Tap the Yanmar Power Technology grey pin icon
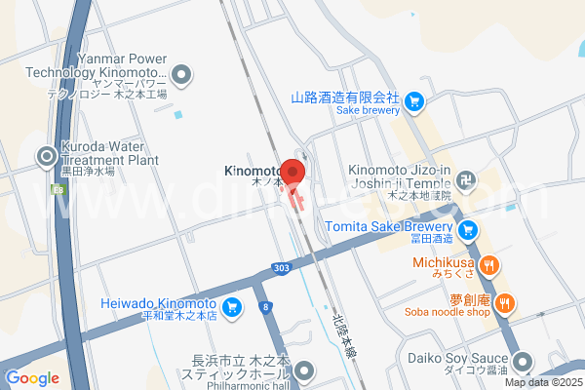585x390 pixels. (182, 73)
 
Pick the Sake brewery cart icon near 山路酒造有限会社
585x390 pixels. (414, 98)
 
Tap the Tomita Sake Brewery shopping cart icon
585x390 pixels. (469, 230)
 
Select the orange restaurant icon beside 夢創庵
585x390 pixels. (504, 302)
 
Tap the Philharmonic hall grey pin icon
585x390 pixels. (305, 370)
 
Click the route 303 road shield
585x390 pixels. (281, 268)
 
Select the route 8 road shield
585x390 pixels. (265, 307)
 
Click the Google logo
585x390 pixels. (32, 378)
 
